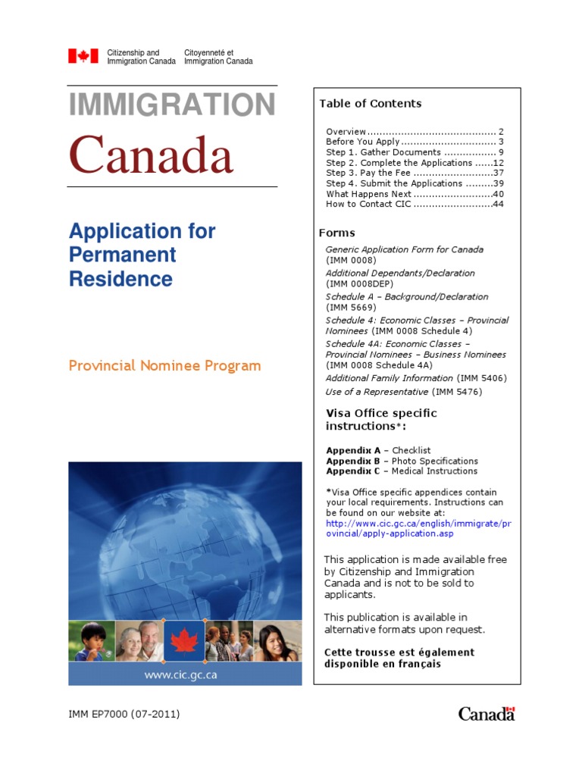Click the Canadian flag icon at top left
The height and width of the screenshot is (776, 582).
tap(83, 56)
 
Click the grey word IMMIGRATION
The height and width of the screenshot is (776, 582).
tap(172, 105)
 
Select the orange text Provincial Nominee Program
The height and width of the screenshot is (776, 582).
tap(164, 366)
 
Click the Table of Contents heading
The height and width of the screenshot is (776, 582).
tap(370, 104)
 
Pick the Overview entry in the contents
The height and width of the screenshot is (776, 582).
tap(346, 131)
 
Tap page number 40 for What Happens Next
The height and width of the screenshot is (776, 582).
tap(498, 194)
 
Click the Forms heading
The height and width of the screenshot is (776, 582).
tap(336, 233)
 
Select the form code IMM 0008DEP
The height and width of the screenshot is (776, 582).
tap(358, 284)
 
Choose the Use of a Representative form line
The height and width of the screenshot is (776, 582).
tap(403, 392)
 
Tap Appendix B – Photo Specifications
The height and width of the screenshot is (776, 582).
tap(402, 461)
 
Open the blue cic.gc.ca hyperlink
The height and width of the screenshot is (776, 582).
tap(408, 529)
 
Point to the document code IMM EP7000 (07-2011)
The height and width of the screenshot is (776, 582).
tap(124, 714)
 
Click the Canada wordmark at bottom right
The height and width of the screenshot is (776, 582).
tap(486, 714)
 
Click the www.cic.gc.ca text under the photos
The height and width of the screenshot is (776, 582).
tap(185, 674)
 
